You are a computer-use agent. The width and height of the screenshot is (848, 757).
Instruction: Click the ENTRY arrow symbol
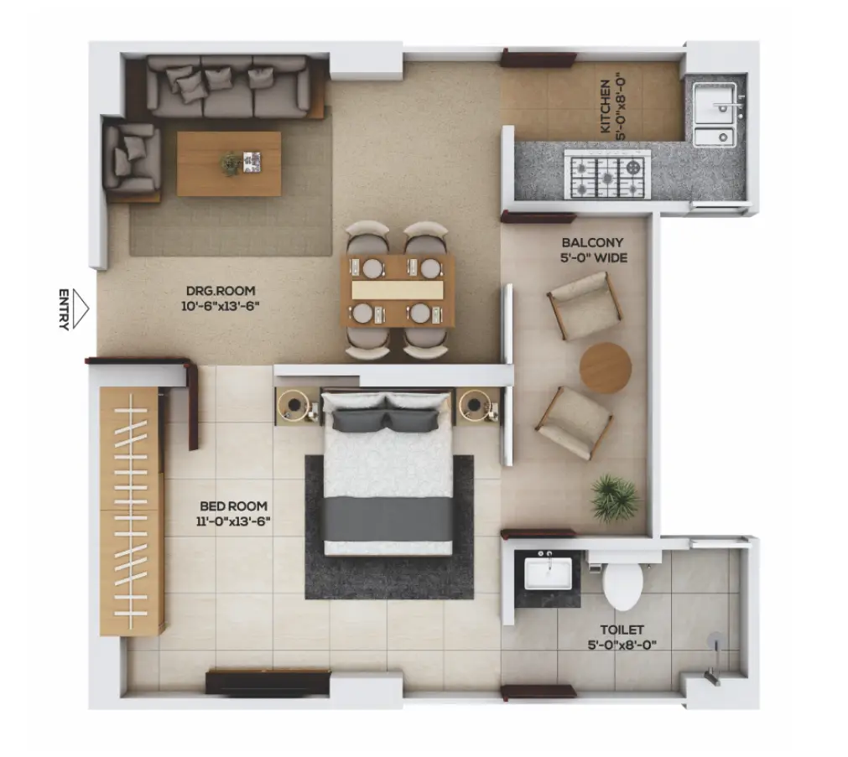tap(81, 309)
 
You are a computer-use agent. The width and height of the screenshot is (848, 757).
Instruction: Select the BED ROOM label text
tap(234, 506)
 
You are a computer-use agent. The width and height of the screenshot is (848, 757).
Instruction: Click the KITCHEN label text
tap(606, 106)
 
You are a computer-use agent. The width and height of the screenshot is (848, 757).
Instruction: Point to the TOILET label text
tap(622, 630)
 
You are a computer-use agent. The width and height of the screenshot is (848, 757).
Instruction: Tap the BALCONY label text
tap(592, 243)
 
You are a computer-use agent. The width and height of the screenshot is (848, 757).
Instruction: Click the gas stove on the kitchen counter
tap(607, 174)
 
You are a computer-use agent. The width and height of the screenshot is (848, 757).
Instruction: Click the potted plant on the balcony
tap(613, 497)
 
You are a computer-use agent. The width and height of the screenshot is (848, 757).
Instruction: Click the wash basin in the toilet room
tap(548, 573)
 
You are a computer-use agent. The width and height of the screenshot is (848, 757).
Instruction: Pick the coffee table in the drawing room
tap(229, 163)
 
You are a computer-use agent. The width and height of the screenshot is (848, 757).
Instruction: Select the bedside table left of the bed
tap(294, 406)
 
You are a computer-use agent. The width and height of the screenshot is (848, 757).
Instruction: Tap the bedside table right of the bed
tap(477, 405)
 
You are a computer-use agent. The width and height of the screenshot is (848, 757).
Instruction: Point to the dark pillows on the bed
tap(385, 421)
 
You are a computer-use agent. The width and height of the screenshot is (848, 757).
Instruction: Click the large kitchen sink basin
tap(715, 102)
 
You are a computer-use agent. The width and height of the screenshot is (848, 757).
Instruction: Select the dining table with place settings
tap(398, 291)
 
